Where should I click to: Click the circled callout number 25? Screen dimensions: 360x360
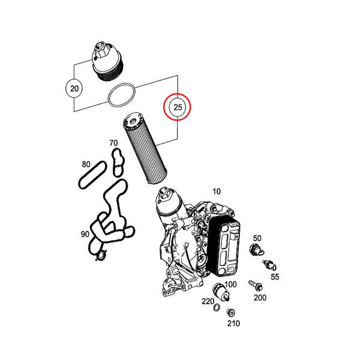coord(178,107)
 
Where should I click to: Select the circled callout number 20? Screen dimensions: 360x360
coord(74,88)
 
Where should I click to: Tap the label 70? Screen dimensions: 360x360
coord(113,143)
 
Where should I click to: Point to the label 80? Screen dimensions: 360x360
coord(86,164)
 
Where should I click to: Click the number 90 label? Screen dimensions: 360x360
coord(85,234)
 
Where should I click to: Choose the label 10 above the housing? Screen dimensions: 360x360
coord(217,191)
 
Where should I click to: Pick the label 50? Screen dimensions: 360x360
coord(257,238)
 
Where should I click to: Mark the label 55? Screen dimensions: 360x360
coord(275,277)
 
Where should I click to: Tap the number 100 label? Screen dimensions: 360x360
coord(230,284)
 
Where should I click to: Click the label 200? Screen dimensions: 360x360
coord(260,298)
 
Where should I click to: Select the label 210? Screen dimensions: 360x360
coord(233,323)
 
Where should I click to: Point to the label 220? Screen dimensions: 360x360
coord(208,301)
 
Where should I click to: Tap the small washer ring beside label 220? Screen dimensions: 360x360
coord(216,307)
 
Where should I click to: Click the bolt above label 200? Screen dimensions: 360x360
coord(256,285)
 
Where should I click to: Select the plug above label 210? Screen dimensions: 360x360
coord(230,313)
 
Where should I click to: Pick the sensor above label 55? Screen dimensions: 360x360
coord(269,265)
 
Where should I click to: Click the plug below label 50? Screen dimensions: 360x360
coord(256,250)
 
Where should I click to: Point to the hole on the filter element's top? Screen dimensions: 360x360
coord(133,121)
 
